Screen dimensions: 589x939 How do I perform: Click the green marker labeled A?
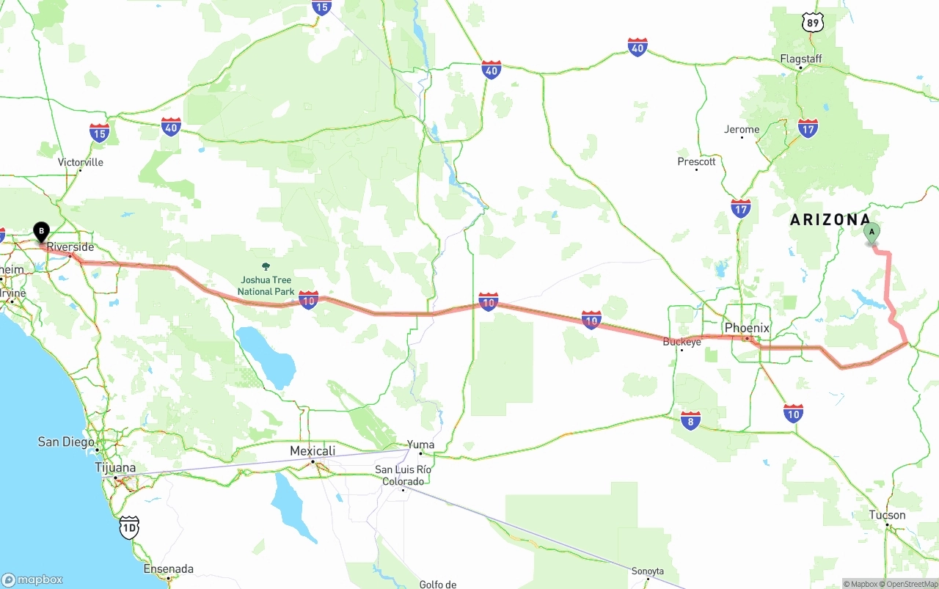872,233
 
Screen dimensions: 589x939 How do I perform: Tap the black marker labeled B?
42,232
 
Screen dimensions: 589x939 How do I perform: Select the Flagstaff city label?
801,59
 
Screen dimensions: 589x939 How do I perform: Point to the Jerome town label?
742,130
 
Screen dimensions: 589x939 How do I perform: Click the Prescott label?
696,161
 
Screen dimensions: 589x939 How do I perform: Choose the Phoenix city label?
747,328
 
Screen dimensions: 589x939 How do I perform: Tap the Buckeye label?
682,342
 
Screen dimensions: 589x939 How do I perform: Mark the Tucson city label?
887,515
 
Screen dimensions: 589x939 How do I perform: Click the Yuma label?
421,445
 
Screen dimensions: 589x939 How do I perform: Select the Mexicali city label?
313,450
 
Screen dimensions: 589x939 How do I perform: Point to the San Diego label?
66,442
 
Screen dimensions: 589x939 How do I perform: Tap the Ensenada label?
169,568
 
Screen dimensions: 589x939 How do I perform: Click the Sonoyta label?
648,571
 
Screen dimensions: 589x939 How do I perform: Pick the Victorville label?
81,162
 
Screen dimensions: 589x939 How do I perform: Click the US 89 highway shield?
813,23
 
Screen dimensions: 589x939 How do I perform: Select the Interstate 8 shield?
690,420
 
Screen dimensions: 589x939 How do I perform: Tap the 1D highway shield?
129,526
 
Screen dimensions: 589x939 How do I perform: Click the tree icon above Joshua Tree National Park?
266,267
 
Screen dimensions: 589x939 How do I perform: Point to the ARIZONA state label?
830,219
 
